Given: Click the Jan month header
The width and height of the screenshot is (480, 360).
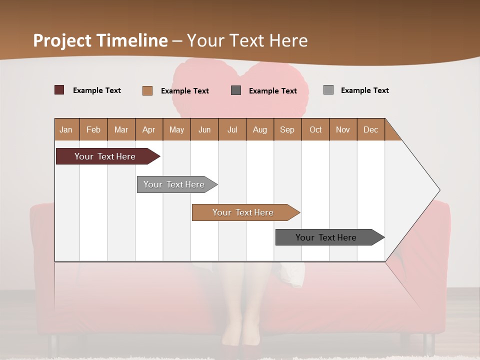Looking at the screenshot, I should [66, 129].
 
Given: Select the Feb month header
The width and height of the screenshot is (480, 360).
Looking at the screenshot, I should [93, 129].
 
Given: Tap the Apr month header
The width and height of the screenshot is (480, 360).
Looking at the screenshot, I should [148, 129].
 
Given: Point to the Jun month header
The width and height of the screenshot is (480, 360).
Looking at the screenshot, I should [204, 129].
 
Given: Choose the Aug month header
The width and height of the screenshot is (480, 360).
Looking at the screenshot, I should [259, 129].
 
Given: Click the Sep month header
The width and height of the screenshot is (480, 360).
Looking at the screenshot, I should [287, 129].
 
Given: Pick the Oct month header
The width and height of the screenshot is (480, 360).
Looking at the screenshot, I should [315, 129].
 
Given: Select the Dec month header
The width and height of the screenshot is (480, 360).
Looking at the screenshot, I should [370, 129].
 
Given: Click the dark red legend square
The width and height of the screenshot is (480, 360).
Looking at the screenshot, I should [59, 90].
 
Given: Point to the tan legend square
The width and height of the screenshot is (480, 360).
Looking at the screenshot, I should [147, 90].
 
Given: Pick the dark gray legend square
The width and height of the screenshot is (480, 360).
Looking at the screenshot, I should [236, 90].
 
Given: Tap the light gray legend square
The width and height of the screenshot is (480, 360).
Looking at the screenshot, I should [328, 90].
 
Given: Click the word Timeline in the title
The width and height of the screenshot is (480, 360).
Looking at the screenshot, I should [132, 40].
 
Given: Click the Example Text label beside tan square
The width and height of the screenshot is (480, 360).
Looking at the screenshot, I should [184, 91].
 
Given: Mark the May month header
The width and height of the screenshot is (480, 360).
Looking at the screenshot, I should [176, 129].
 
